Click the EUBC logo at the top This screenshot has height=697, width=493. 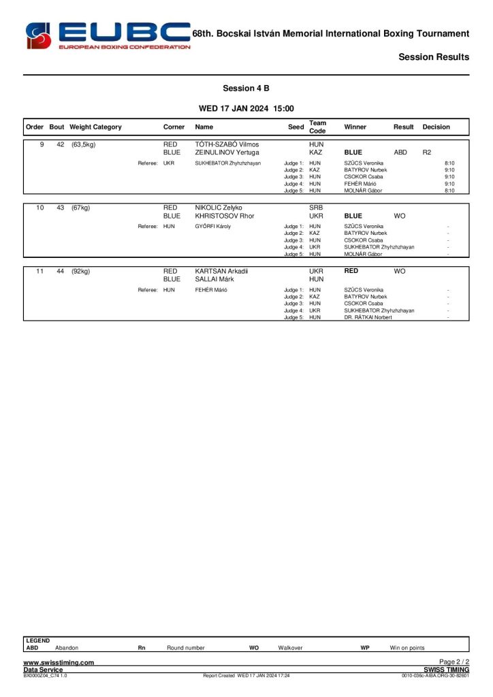108,35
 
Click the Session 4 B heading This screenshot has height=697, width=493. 246,88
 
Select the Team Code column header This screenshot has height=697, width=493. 317,127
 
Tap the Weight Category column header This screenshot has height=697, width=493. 95,127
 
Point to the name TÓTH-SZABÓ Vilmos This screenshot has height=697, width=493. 227,144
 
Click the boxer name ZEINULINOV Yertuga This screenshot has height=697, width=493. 227,152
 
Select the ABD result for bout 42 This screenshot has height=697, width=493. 400,152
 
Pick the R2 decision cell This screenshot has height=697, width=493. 427,152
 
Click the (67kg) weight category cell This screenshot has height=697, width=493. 80,208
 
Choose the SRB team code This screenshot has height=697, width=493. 316,208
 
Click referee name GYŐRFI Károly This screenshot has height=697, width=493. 212,226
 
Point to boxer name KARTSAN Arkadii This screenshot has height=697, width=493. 221,271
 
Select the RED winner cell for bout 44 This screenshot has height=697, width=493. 351,271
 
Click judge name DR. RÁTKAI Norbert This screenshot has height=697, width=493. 368,317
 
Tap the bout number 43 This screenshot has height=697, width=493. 60,208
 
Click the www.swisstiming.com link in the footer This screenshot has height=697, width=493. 59,662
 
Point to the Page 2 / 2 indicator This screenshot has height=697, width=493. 454,662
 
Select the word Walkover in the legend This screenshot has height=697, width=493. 290,648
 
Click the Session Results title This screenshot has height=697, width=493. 434,57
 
